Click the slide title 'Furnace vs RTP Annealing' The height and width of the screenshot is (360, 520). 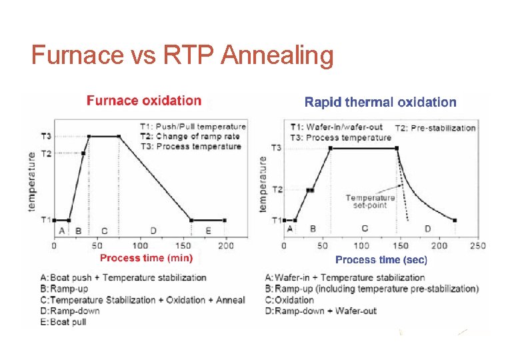(182, 55)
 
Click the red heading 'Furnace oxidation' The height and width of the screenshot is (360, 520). (143, 101)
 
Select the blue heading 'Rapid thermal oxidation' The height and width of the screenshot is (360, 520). (380, 102)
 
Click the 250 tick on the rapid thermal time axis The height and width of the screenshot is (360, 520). (477, 246)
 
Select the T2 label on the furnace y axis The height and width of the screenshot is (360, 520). (46, 153)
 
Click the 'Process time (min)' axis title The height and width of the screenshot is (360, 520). (146, 258)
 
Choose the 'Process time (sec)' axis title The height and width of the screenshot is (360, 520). (381, 259)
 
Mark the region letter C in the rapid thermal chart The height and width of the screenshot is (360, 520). (365, 229)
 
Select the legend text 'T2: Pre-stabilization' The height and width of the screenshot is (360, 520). (435, 128)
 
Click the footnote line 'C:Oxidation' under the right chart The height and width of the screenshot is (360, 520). (289, 300)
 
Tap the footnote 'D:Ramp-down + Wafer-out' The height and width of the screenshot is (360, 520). (321, 311)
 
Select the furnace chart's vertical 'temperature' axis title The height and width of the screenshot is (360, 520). (32, 181)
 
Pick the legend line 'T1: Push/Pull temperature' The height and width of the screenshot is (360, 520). (193, 126)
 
